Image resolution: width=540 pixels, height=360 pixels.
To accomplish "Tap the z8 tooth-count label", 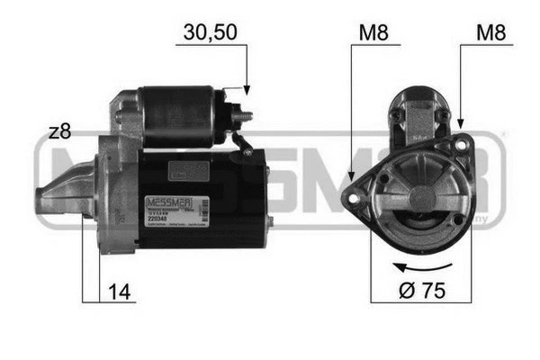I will pyautogui.click(x=59, y=132).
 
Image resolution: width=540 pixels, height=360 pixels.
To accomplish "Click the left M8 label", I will pyautogui.click(x=373, y=32).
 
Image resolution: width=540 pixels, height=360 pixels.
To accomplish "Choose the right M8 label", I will pyautogui.click(x=490, y=32).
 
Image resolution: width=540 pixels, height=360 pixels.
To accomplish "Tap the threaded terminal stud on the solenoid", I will pyautogui.click(x=244, y=116).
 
